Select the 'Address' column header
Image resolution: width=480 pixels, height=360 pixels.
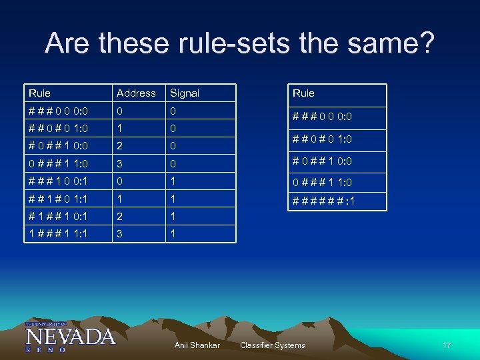[x=136, y=93]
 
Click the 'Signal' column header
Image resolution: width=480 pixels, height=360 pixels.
[x=185, y=93]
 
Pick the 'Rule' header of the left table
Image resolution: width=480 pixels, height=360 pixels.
[x=39, y=93]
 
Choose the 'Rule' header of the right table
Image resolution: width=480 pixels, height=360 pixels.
[x=303, y=93]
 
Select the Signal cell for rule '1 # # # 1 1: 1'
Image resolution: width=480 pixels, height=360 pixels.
[x=173, y=233]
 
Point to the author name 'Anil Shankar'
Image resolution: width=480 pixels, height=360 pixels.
[x=197, y=345]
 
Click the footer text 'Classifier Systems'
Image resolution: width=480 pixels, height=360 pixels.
[x=272, y=345]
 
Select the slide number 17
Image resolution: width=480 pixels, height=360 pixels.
[x=446, y=345]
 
